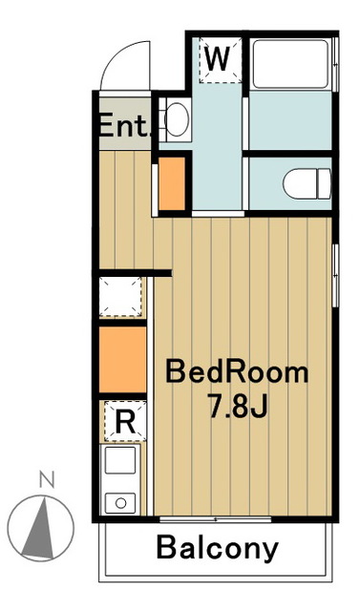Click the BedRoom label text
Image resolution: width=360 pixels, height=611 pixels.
(x=237, y=372)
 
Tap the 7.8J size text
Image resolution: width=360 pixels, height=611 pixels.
(x=238, y=406)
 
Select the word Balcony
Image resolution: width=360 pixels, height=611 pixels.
(x=218, y=549)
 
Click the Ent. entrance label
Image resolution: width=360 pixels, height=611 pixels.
(x=125, y=125)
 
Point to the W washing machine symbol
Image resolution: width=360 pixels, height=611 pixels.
(x=221, y=59)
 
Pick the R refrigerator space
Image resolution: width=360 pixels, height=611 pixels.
(x=125, y=421)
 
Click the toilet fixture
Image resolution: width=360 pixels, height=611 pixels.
(x=307, y=183)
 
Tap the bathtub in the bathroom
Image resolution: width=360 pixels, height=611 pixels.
(x=290, y=64)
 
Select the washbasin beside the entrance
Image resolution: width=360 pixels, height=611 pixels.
(x=176, y=119)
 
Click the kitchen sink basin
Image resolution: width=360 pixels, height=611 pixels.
(x=120, y=460)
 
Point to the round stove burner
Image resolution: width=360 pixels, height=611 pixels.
(x=120, y=503)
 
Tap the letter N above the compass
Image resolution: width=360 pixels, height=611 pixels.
(x=47, y=479)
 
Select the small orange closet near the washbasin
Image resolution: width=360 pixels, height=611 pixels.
(x=172, y=183)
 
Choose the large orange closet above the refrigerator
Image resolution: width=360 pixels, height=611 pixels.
(x=123, y=359)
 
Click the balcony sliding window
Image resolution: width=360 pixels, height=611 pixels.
(x=216, y=519)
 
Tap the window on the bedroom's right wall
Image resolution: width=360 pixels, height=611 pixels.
(x=335, y=275)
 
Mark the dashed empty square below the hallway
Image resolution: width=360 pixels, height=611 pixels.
(x=120, y=297)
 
